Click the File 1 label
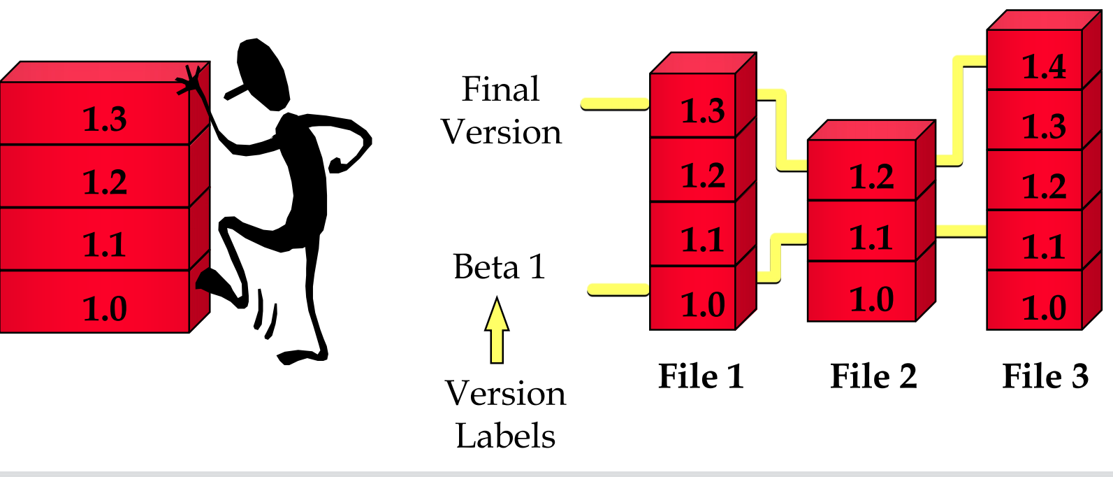point(701,376)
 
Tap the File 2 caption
point(873,376)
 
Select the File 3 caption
point(1045,376)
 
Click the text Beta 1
point(499,267)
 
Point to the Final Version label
point(501,111)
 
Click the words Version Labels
point(505,415)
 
